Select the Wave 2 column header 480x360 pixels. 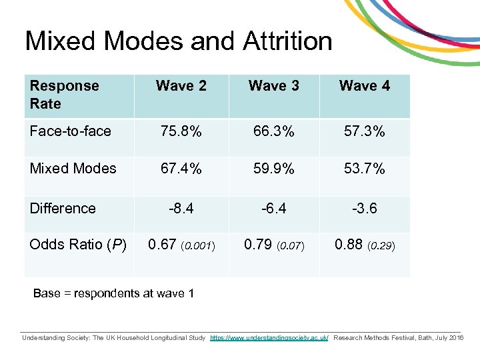tap(181, 86)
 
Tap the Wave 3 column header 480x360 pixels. tap(273, 86)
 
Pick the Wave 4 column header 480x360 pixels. tap(364, 86)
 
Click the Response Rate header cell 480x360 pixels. tap(64, 95)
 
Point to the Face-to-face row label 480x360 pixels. tap(70, 131)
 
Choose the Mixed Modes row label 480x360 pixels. tap(73, 169)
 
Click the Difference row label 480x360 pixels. tap(63, 208)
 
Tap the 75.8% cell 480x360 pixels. tap(181, 131)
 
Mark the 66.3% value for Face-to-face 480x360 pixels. tap(273, 131)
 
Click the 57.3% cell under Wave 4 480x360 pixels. tap(364, 131)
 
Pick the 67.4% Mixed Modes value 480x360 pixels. tap(181, 169)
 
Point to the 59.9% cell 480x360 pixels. tap(273, 169)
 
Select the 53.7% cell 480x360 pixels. tap(364, 169)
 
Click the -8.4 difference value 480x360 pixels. tap(181, 208)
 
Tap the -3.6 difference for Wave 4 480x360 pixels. tap(364, 208)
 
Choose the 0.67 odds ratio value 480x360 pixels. tap(162, 245)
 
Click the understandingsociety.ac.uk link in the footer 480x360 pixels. tap(269, 338)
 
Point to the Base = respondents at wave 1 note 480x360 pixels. tap(113, 293)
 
